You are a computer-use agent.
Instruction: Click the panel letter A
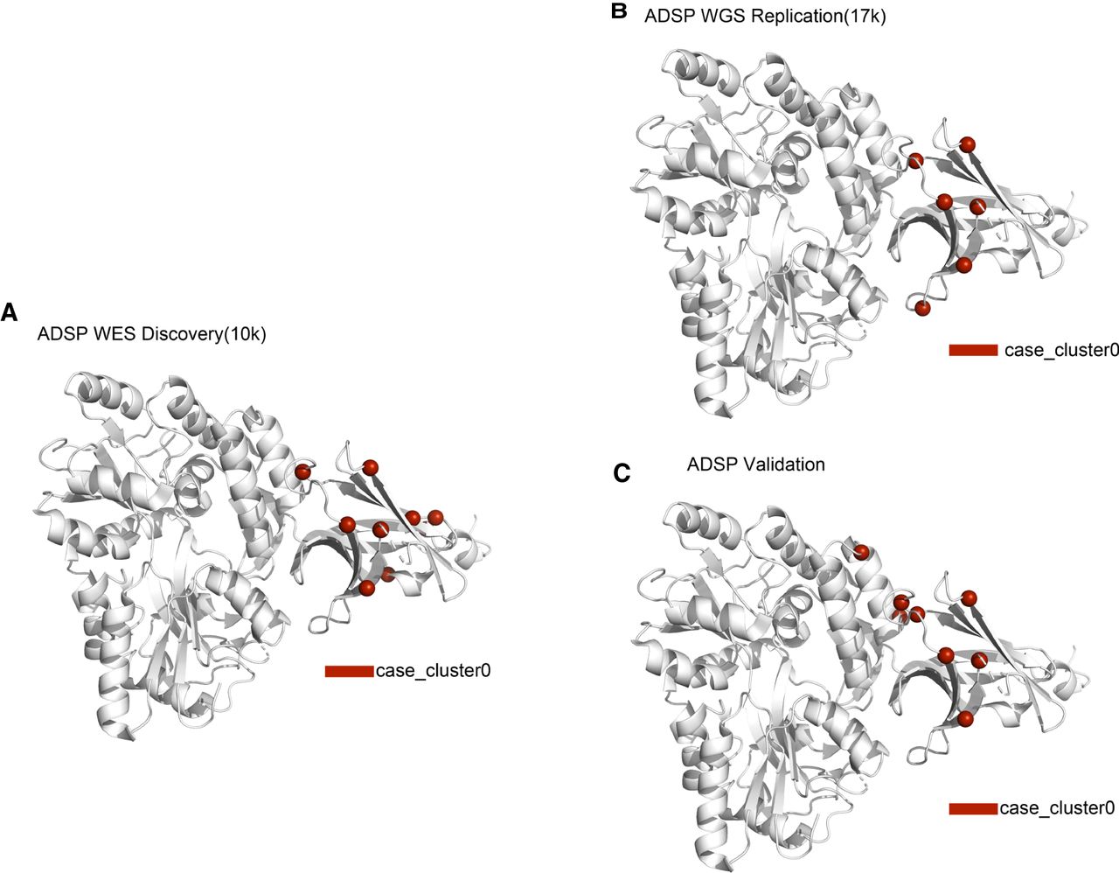[9, 312]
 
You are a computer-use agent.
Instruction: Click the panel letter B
[619, 10]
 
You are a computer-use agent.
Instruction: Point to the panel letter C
[622, 473]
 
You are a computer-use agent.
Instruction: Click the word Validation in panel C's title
[784, 464]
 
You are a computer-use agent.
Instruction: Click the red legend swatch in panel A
[349, 671]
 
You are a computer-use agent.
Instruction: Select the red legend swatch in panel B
[973, 350]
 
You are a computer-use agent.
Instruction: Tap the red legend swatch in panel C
[973, 809]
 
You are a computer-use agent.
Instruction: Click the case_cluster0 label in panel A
[433, 671]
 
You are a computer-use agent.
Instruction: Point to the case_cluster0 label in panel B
[1062, 350]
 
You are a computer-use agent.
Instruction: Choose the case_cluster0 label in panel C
[1057, 808]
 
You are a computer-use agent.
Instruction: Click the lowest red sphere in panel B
[923, 309]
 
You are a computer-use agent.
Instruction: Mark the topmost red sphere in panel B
[968, 144]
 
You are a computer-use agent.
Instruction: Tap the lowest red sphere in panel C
[965, 718]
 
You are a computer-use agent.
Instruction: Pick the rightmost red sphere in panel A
[435, 517]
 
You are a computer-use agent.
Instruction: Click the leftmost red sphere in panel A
[302, 471]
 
